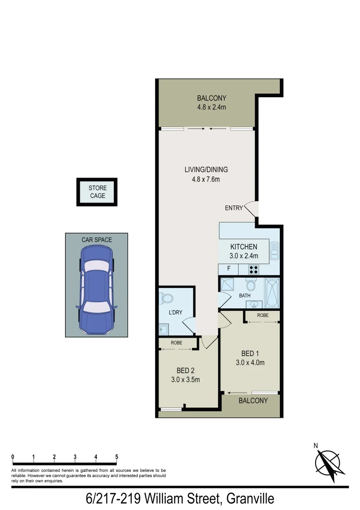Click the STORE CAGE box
pos(97,192)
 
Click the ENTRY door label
pos(234,208)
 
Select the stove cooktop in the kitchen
pos(253,270)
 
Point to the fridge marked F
pos(229,269)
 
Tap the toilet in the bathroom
pos(251,285)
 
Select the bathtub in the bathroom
pos(272,293)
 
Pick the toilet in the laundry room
pos(167,298)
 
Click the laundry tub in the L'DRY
pos(164,329)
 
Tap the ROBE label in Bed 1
pos(263,315)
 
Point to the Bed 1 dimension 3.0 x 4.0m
pos(250,363)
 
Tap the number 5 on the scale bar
pos(117,457)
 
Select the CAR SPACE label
pos(97,240)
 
